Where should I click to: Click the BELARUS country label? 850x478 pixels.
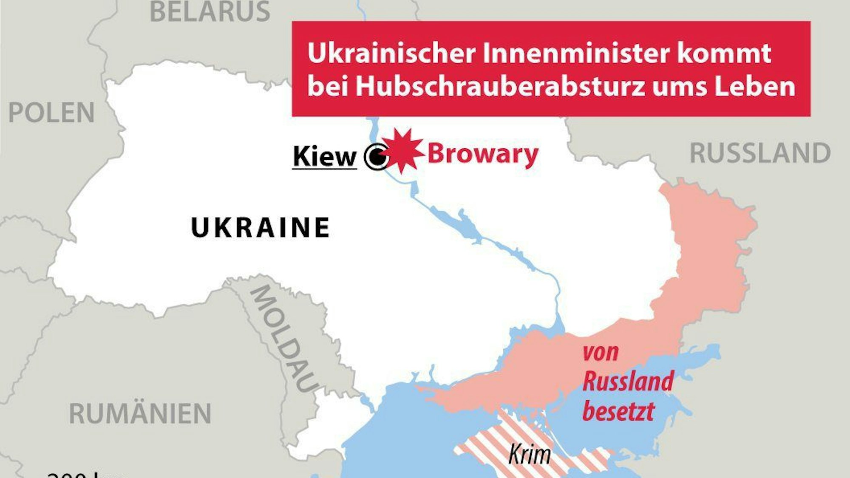tap(210, 11)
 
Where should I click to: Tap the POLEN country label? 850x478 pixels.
tap(51, 113)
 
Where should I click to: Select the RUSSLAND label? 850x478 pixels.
tap(760, 153)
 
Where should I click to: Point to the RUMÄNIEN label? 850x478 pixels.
tap(140, 413)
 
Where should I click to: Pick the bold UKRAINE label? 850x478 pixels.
tap(261, 227)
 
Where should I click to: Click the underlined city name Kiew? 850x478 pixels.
tap(325, 156)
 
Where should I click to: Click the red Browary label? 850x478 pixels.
tap(483, 154)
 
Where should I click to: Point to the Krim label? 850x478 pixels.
tap(530, 454)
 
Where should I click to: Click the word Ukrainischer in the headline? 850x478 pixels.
tap(391, 54)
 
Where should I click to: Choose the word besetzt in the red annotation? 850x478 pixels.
tap(618, 411)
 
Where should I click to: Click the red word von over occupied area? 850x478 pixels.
tap(601, 353)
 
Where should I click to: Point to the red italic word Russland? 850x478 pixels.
tap(628, 381)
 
